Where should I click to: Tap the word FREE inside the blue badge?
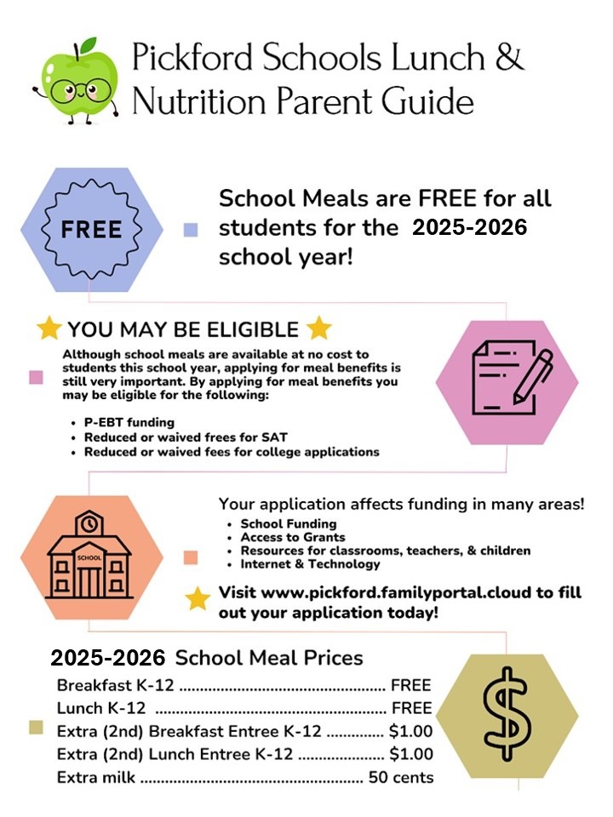pyautogui.click(x=91, y=229)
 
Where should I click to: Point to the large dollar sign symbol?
pyautogui.click(x=507, y=713)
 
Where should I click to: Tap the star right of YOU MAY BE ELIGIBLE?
pyautogui.click(x=318, y=329)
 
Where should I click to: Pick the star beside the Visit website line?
pyautogui.click(x=198, y=599)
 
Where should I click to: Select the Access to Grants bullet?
pyautogui.click(x=293, y=537)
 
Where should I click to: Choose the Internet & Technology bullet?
pyautogui.click(x=310, y=564)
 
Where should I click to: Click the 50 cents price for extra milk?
pyautogui.click(x=400, y=777)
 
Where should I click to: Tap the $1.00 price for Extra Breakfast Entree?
pyautogui.click(x=410, y=731)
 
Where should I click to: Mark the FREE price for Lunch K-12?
pyautogui.click(x=411, y=708)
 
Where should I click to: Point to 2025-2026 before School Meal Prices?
pyautogui.click(x=107, y=659)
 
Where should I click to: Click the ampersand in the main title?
pyautogui.click(x=508, y=58)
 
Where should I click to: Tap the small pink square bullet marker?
pyautogui.click(x=36, y=378)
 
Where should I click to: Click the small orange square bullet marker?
pyautogui.click(x=191, y=557)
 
